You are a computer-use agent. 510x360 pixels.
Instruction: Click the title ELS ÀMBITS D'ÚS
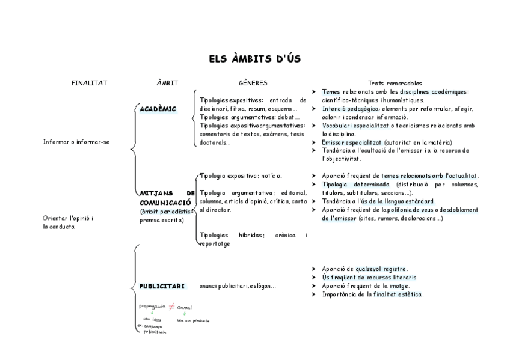coord(254,59)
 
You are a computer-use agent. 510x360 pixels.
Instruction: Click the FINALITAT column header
coord(89,83)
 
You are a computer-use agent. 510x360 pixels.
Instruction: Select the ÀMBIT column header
coord(167,83)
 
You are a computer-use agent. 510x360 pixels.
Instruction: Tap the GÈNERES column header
coord(253,83)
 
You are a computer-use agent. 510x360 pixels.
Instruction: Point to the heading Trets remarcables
coord(395,83)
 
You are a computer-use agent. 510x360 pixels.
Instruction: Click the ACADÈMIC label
coord(158,109)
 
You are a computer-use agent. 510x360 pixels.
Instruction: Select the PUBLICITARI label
coord(162,286)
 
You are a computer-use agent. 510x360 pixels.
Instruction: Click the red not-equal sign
coord(171,307)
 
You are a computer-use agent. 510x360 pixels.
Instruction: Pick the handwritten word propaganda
coord(151,306)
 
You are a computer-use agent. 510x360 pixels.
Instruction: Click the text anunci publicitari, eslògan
coord(238,286)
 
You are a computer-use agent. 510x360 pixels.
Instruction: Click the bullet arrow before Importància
coord(315,294)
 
